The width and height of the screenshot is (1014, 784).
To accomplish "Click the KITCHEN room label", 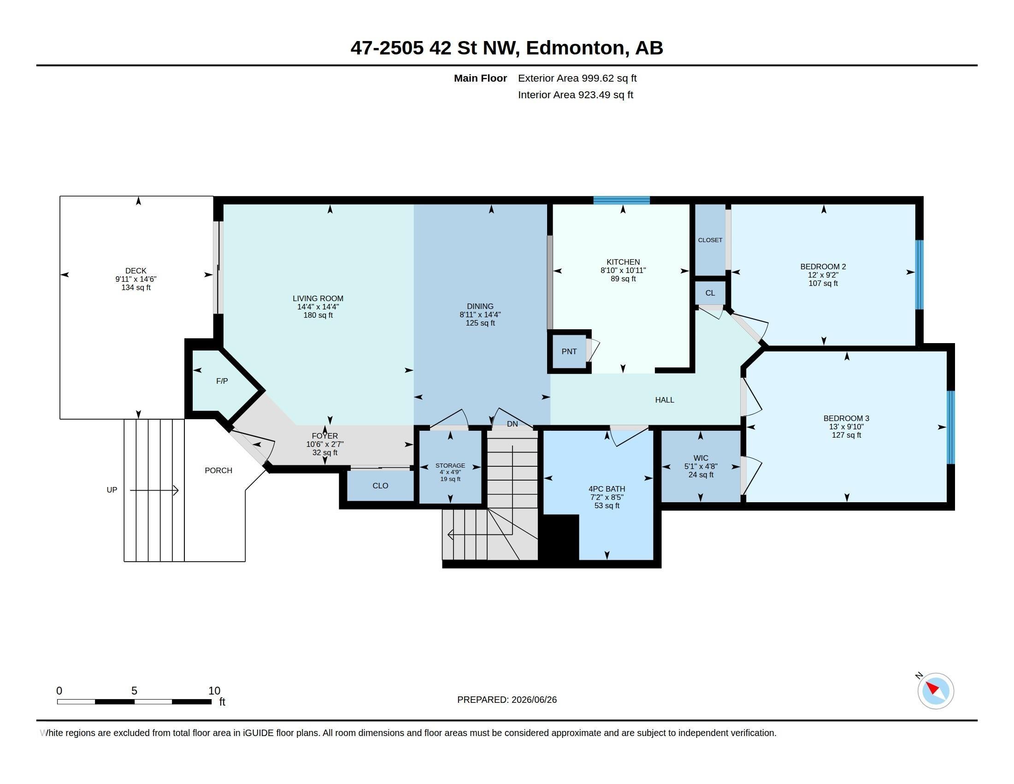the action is (x=623, y=262).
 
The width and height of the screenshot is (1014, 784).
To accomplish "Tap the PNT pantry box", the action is (x=569, y=351).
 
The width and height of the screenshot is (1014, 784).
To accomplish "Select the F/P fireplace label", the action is (x=222, y=381).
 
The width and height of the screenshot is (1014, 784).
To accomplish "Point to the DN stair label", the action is (x=512, y=424).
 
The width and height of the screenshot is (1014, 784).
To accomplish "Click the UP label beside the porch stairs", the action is (x=112, y=490).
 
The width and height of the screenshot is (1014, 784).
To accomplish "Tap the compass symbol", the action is (x=935, y=691).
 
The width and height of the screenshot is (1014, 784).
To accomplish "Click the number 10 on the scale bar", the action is (x=214, y=691).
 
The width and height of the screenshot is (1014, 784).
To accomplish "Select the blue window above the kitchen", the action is (x=622, y=200).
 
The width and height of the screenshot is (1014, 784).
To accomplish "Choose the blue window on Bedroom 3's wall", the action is (x=950, y=428).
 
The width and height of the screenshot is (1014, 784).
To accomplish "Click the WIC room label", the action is (x=701, y=458).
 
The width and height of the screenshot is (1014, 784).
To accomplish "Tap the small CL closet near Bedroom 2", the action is (x=710, y=293).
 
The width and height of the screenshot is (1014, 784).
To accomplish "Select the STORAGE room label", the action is (x=450, y=465).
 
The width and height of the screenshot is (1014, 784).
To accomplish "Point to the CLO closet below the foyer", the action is (x=380, y=486).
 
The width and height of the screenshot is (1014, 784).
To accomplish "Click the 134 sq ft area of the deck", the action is (x=136, y=287).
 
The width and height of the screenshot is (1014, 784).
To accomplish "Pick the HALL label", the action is (x=664, y=400).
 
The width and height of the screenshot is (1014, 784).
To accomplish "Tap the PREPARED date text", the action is (x=507, y=700).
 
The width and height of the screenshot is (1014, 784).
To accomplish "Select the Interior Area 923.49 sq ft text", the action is (x=575, y=95).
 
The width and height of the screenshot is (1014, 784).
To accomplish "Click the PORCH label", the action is (x=218, y=470).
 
